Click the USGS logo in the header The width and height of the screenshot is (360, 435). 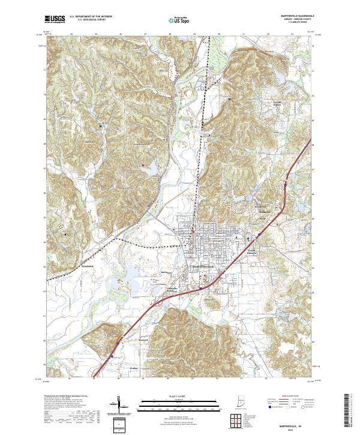tap(55, 19)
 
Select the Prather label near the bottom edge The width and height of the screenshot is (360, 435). tap(134, 367)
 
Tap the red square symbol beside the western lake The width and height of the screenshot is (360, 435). tap(143, 166)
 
